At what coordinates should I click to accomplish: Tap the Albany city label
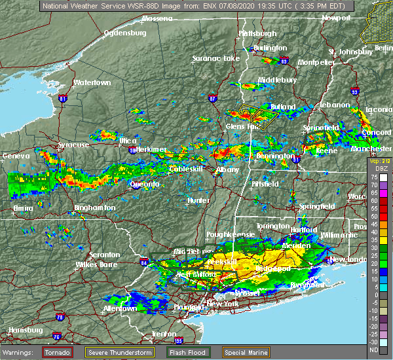pos(228,170)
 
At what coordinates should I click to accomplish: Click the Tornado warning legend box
pos(58,352)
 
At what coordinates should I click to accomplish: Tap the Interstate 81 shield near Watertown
pos(63,99)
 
